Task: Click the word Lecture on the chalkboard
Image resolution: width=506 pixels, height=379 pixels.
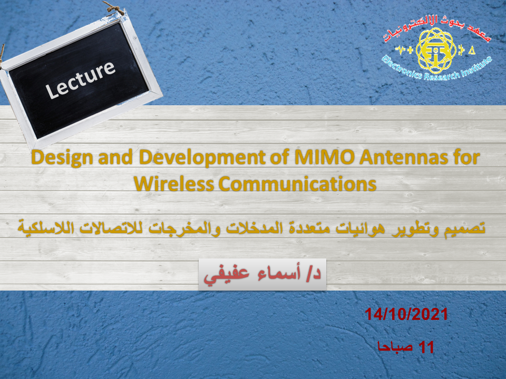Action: tap(80, 79)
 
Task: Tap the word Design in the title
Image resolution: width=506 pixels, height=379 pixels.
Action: tap(62, 158)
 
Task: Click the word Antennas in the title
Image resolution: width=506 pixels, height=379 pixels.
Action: tap(404, 157)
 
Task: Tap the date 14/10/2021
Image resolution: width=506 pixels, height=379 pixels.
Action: tap(406, 314)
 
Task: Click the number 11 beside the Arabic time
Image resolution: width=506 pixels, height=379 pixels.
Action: tap(426, 347)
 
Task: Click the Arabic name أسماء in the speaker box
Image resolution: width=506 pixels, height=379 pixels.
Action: tap(279, 273)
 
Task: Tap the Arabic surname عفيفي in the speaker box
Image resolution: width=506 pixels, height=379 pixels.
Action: tap(226, 275)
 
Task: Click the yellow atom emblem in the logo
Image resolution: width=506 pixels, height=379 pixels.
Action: tap(436, 51)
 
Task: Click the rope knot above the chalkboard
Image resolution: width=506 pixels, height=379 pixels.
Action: tap(114, 8)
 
